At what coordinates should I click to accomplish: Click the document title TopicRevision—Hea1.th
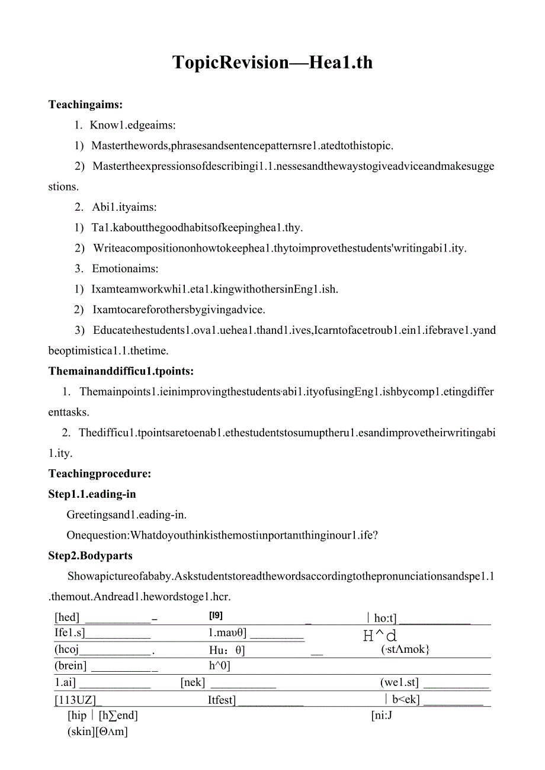click(272, 63)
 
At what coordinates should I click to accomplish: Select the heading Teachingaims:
click(85, 105)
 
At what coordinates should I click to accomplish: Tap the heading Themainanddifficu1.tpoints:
click(121, 371)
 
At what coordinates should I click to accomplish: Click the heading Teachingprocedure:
click(100, 473)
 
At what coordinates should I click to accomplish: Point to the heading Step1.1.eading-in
click(92, 494)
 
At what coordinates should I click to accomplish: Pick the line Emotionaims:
click(124, 269)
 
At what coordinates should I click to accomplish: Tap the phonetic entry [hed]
click(67, 618)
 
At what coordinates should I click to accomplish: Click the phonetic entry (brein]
click(70, 666)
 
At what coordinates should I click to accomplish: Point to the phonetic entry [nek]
click(193, 682)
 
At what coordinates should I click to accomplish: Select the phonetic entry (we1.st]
click(399, 682)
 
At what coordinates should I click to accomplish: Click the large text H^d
click(380, 636)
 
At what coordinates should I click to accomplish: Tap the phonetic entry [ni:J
click(382, 716)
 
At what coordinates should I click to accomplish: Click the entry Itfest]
click(222, 700)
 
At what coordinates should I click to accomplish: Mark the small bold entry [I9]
click(216, 616)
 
